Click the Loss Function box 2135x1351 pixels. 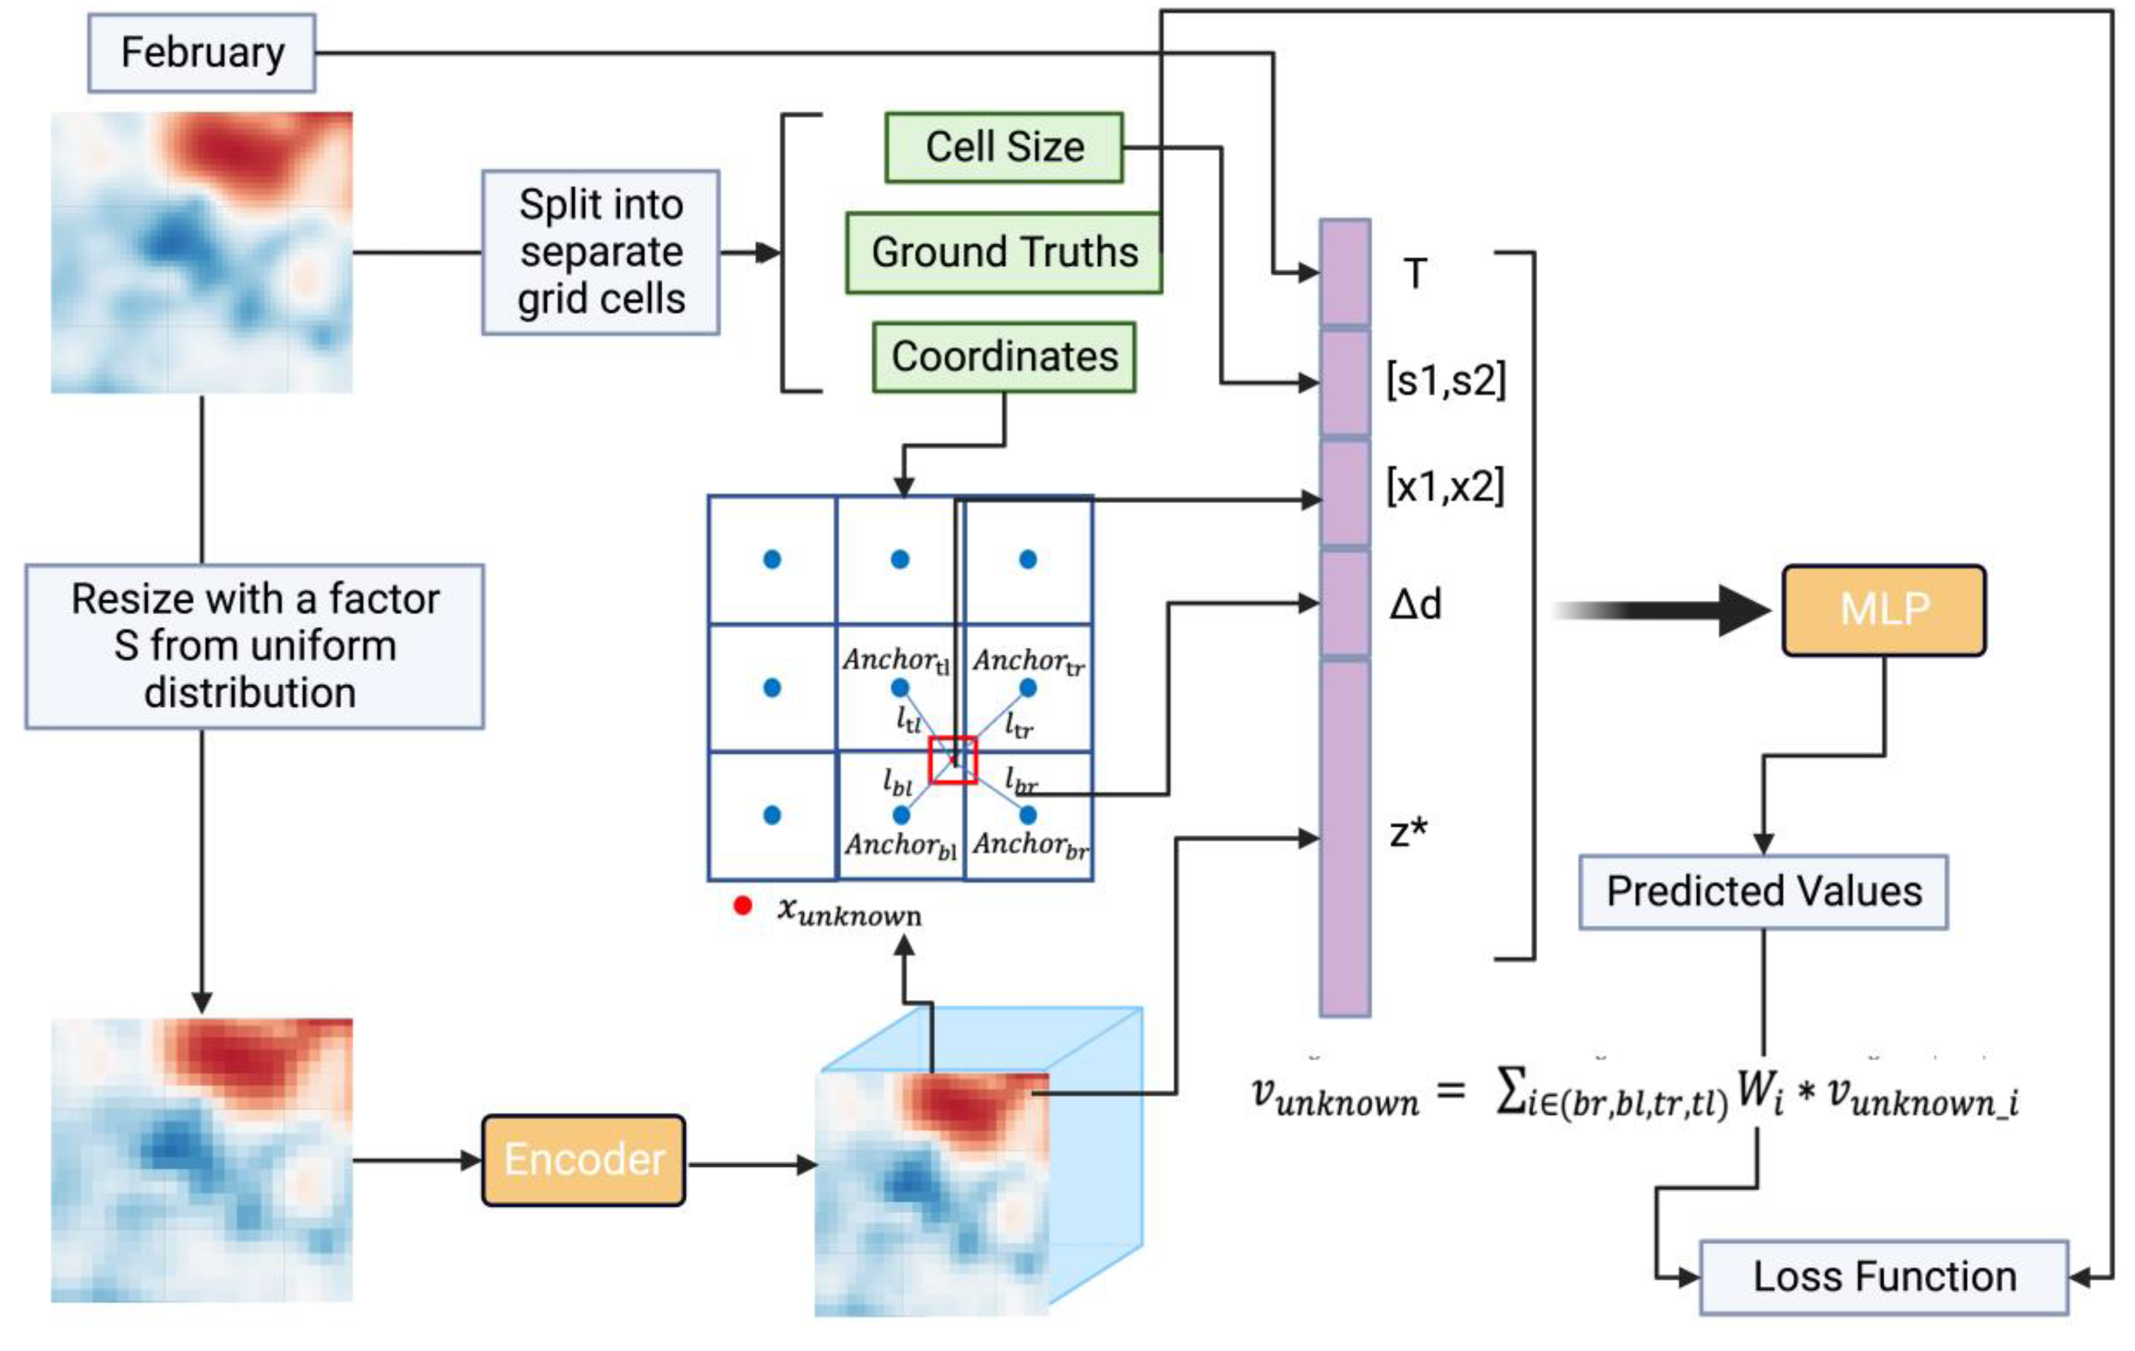click(x=1884, y=1278)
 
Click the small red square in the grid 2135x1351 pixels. click(x=953, y=760)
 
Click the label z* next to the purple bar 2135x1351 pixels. click(x=1409, y=833)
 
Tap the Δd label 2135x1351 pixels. click(x=1415, y=606)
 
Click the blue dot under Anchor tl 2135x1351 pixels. click(x=900, y=687)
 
